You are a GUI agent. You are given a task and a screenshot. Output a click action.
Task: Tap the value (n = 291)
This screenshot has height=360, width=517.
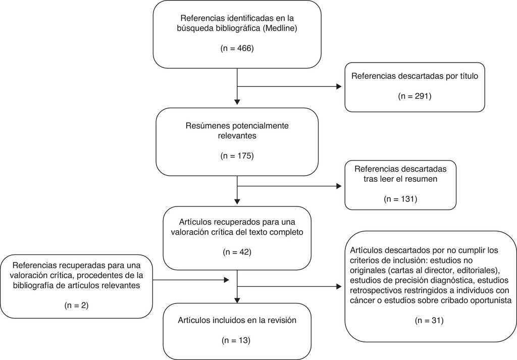tap(415, 95)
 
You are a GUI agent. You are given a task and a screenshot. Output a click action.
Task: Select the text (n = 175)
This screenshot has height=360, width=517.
tap(237, 156)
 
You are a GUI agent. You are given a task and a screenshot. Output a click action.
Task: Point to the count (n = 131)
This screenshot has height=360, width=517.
tap(400, 198)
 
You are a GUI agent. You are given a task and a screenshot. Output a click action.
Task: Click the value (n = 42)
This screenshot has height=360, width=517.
tap(237, 251)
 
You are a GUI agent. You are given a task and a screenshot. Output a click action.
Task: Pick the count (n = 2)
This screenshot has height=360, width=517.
tap(77, 305)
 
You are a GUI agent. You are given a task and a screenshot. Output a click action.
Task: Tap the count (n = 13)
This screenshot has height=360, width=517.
tap(237, 341)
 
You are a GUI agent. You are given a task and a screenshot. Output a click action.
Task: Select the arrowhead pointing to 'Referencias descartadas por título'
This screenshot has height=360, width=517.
tap(339, 86)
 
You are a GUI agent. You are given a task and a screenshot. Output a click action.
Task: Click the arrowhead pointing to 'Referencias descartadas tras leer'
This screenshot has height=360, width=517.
tap(339, 186)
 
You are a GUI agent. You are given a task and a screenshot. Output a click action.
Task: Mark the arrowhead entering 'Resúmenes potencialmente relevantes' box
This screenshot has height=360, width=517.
tap(237, 102)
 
